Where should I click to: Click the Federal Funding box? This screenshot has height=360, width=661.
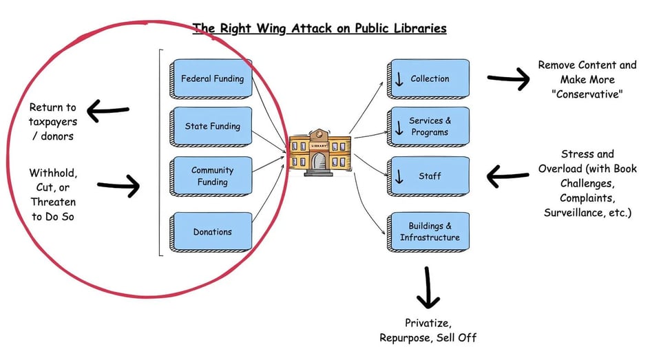coord(212,78)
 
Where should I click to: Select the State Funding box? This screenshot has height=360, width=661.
coord(212,126)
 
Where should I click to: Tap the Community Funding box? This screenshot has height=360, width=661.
coord(212,176)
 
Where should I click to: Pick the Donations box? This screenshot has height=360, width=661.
coord(212,232)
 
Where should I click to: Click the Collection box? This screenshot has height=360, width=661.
coord(429,78)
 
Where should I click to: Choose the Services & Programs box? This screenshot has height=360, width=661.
coord(429,126)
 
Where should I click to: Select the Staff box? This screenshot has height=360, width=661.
coord(429,176)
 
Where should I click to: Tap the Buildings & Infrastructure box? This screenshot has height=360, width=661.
coord(429,232)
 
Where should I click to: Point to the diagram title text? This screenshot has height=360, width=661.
coord(319,28)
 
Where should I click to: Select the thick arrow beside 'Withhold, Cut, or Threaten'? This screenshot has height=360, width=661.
coord(118,186)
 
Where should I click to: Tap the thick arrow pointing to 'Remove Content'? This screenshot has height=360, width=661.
coord(508,78)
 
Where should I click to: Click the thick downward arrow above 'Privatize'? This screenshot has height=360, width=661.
coord(428,287)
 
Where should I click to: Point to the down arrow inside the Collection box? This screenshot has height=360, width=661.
coord(399,79)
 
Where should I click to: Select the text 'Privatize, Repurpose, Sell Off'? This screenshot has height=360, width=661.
coord(428,330)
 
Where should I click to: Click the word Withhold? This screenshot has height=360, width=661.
coord(52,172)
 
